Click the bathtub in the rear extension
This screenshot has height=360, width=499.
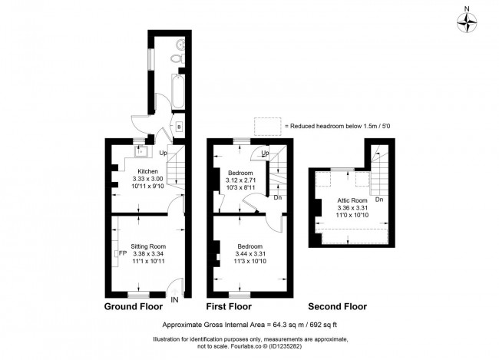pyautogui.click(x=178, y=91)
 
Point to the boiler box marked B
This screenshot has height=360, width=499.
pyautogui.click(x=177, y=127)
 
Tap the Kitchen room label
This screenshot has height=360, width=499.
pyautogui.click(x=148, y=171)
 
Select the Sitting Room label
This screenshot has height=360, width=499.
pyautogui.click(x=148, y=246)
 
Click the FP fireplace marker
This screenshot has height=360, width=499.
pyautogui.click(x=122, y=253)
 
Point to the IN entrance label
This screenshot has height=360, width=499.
pyautogui.click(x=176, y=300)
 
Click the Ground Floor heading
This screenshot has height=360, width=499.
pyautogui.click(x=133, y=307)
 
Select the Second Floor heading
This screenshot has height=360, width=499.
pyautogui.click(x=338, y=307)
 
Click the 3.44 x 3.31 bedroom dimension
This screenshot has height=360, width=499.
pyautogui.click(x=249, y=253)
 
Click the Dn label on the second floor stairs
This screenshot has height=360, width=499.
pyautogui.click(x=379, y=200)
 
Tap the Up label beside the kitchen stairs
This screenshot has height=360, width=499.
pyautogui.click(x=163, y=154)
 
